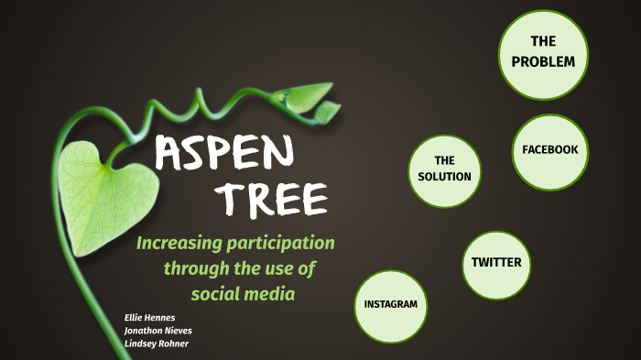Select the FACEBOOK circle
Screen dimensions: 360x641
tap(549, 151)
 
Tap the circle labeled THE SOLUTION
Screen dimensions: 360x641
tap(444, 169)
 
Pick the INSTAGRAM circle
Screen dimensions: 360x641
tap(391, 304)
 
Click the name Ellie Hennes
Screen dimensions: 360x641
tap(149, 317)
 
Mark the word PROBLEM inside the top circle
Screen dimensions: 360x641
tap(543, 61)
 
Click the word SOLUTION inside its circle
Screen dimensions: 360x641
tap(444, 177)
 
